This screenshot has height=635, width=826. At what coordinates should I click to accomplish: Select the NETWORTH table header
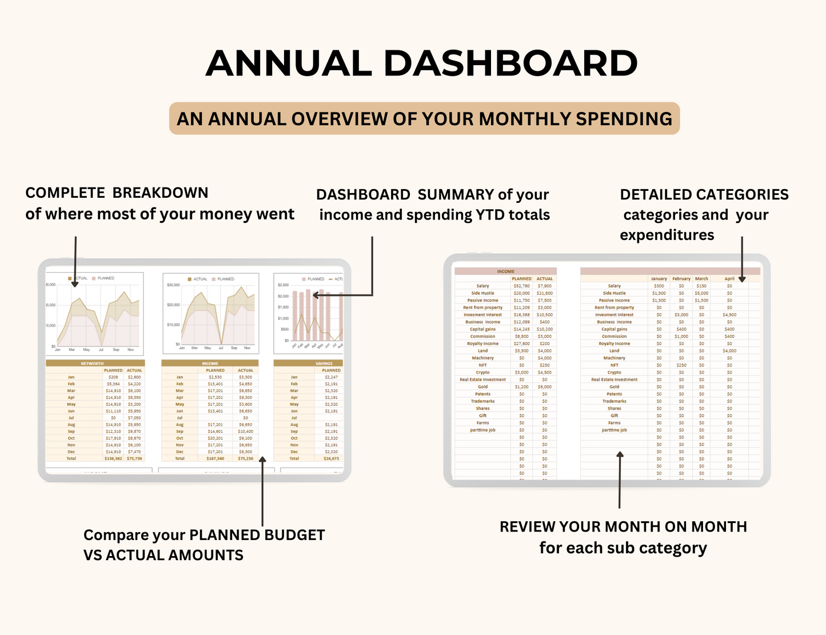(92, 364)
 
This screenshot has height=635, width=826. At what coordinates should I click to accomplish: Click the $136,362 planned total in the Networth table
(113, 458)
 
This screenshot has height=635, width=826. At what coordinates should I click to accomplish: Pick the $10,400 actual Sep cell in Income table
(245, 432)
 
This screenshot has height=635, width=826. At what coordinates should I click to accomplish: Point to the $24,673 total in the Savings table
(331, 458)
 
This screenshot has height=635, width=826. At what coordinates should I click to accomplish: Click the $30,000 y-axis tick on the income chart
(173, 285)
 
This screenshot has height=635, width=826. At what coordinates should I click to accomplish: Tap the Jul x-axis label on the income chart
(221, 348)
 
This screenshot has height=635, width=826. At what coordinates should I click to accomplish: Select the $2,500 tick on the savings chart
(283, 285)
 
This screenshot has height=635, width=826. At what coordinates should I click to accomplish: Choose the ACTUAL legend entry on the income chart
(197, 279)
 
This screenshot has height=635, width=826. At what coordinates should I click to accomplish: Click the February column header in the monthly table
(681, 279)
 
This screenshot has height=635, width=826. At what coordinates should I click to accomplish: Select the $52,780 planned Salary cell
(521, 286)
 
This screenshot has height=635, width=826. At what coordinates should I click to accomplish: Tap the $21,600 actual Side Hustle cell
(544, 293)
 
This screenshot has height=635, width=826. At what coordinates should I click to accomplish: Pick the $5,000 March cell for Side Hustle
(701, 293)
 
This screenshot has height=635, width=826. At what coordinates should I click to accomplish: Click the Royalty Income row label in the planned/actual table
(482, 344)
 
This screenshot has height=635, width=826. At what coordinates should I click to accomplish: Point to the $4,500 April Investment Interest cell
(729, 315)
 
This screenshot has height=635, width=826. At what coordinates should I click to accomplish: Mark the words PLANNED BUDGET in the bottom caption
(257, 536)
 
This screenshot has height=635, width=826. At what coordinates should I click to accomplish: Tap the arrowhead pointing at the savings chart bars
(316, 295)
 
